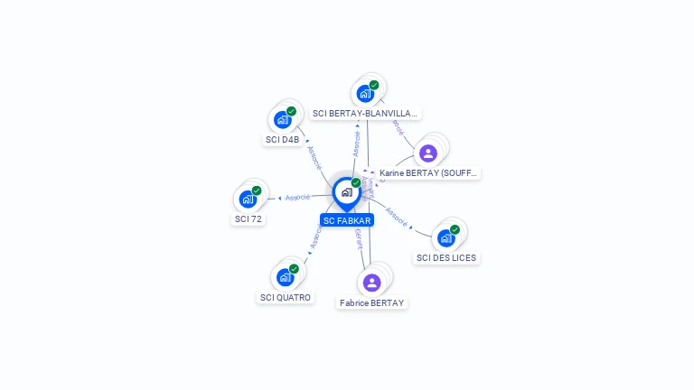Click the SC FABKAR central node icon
346,192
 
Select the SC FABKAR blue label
346,220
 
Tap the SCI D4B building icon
283,119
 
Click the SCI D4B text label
282,140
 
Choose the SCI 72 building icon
248,199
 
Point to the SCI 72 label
249,218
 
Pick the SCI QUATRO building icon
285,276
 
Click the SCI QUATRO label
286,297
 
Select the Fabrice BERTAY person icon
371,283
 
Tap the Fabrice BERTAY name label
372,303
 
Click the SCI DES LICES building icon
445,237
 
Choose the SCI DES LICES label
446,258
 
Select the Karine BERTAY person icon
428,153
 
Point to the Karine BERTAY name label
428,172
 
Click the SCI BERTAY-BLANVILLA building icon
365,93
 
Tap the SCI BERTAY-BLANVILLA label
365,114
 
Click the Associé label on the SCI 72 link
297,197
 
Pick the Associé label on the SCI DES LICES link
396,215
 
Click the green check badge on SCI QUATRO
294,268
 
